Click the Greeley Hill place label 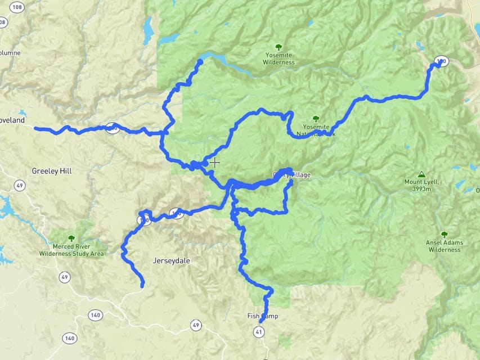tap(52, 170)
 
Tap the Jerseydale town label tap(173, 261)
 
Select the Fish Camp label tap(263, 316)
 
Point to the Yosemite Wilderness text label tap(279, 59)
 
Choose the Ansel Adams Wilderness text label tap(445, 246)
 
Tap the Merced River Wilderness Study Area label tap(71, 250)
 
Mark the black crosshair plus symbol tap(215, 163)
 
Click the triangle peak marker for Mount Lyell tap(421, 174)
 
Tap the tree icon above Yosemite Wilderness tap(278, 48)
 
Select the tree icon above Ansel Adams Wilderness tap(445, 234)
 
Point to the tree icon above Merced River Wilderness tap(71, 238)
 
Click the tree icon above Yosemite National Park tap(316, 119)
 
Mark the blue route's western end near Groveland tap(36, 129)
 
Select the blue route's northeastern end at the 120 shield tap(439, 63)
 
